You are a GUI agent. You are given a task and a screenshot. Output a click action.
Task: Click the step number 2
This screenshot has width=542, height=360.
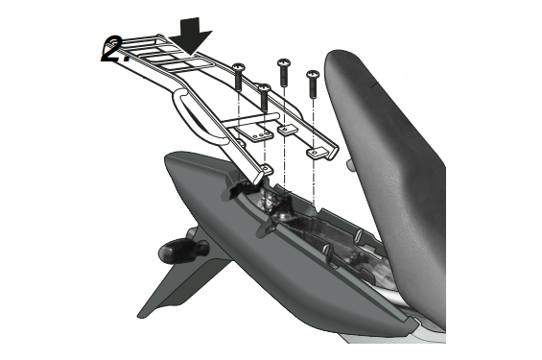114,49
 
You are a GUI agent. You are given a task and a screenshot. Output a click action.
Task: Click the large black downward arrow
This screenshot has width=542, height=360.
193,36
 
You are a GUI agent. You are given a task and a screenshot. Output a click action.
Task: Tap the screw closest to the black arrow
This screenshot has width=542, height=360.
239,77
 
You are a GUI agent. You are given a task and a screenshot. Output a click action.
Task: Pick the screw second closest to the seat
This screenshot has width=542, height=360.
284,73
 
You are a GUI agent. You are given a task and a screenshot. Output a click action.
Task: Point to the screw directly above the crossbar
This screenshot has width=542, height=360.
265,97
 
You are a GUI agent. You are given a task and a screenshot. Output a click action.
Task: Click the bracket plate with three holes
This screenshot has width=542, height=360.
256,132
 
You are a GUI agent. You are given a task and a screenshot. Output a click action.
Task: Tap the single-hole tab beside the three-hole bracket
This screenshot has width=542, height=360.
287,130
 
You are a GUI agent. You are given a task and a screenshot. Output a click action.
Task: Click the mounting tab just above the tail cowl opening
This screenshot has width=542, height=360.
266,169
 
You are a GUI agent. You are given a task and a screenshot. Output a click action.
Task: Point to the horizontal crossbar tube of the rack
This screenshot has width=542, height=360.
248,120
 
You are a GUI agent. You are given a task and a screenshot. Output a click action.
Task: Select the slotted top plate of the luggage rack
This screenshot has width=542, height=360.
166,56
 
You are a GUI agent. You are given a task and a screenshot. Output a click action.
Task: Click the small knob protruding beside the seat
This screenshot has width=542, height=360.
350,164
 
